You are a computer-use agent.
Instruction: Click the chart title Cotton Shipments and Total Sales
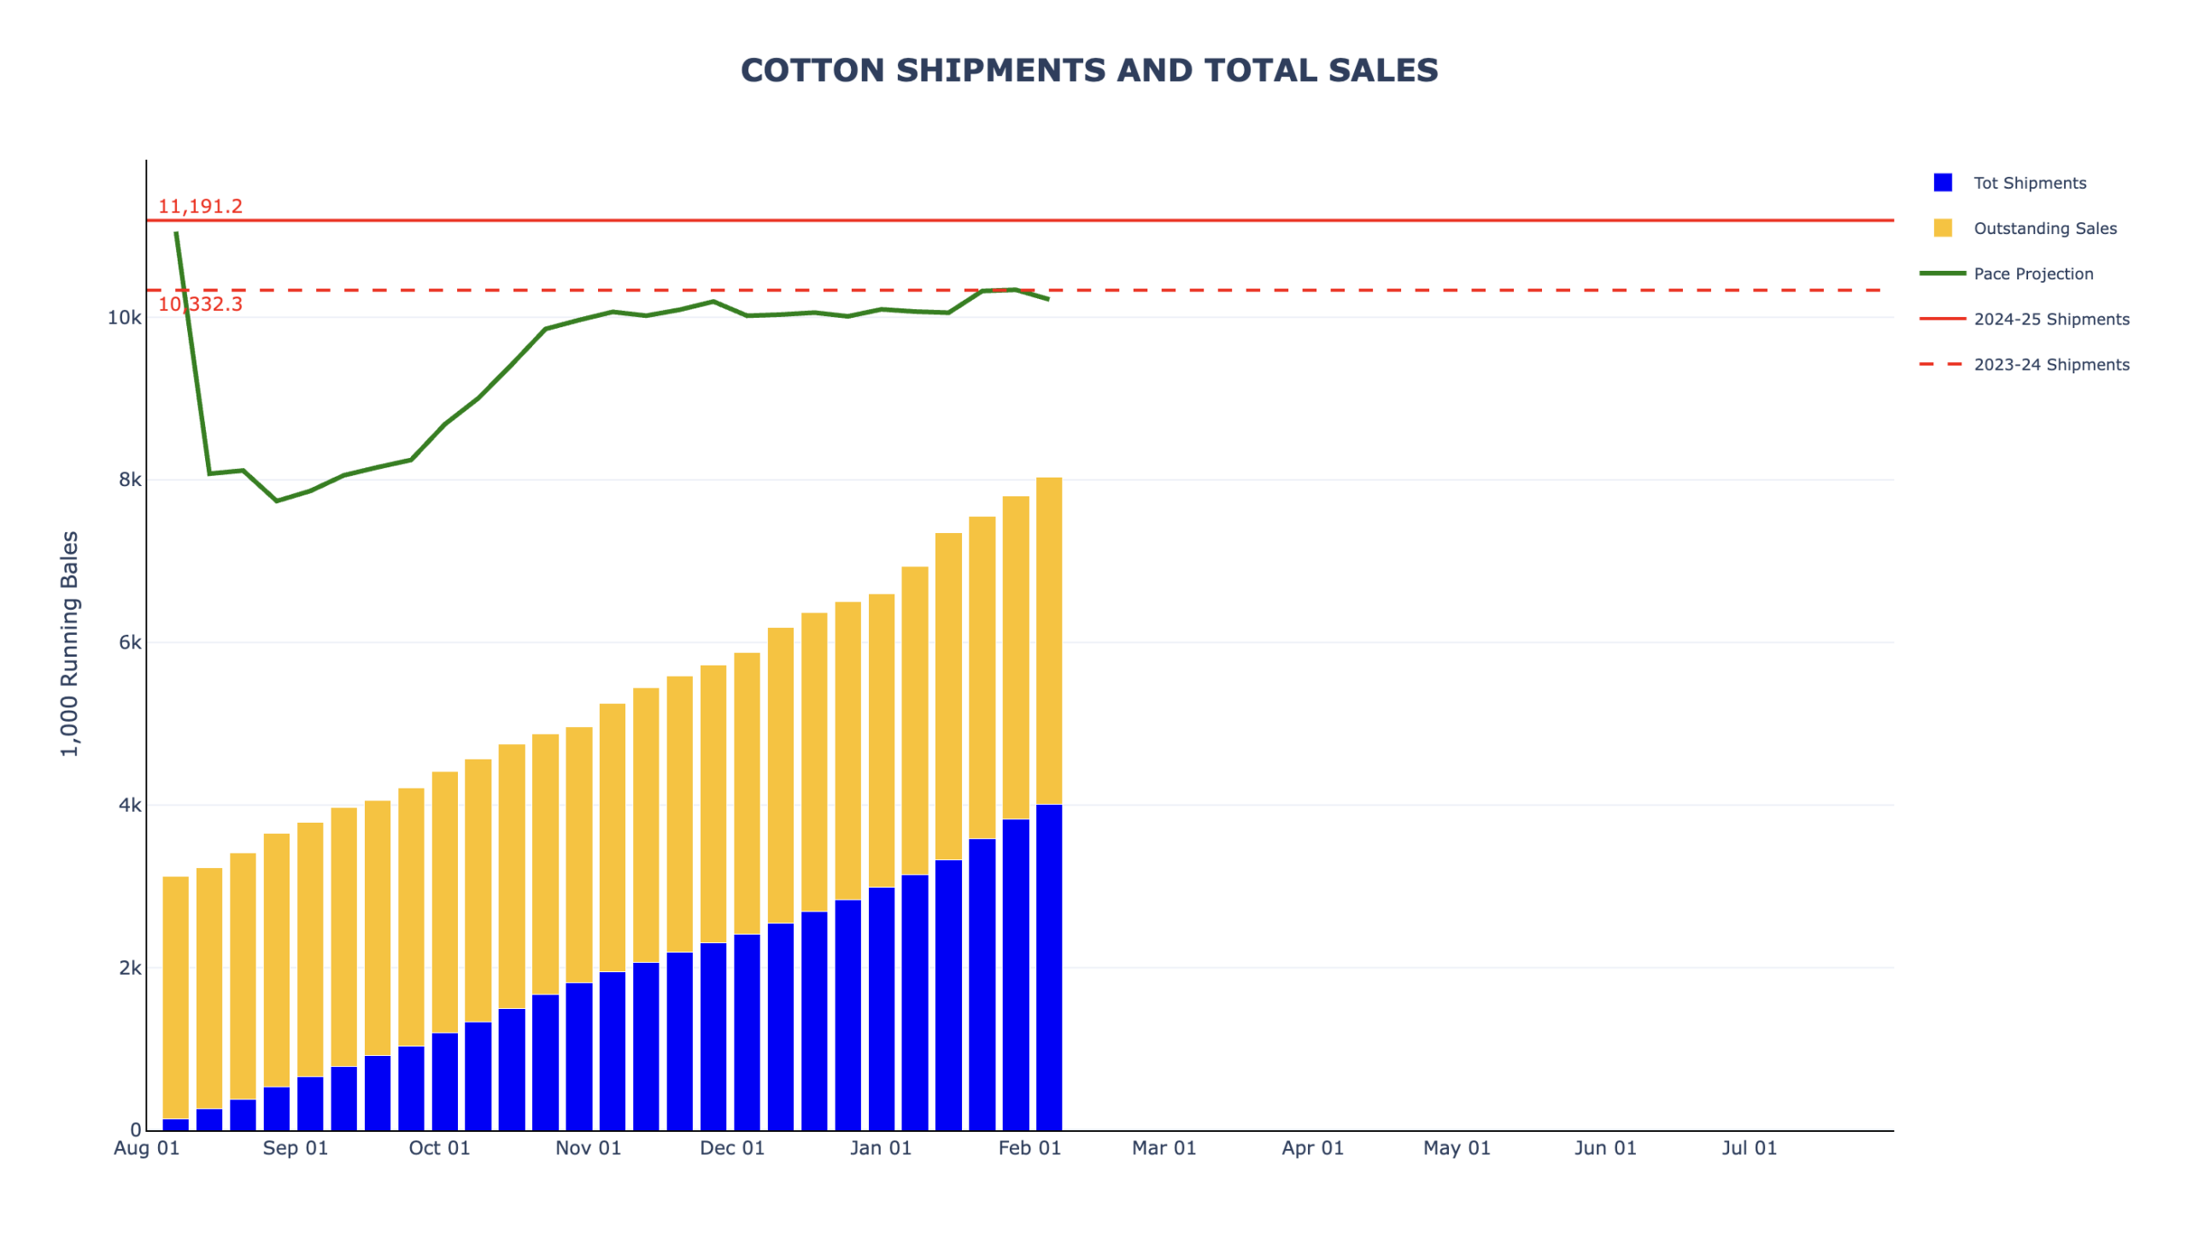tap(1088, 70)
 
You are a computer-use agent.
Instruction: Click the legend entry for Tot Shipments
tap(2028, 183)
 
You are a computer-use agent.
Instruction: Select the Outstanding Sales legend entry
tap(2043, 228)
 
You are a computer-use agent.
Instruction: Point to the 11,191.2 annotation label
tap(200, 206)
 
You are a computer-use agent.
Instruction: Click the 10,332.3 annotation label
tap(200, 304)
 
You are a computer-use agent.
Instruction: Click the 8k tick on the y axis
tap(130, 479)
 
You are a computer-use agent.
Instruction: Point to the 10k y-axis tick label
tap(125, 318)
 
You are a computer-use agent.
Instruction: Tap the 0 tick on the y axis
tap(135, 1129)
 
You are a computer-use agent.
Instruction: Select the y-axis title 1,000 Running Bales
tap(69, 643)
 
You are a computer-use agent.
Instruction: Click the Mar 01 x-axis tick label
tap(1163, 1147)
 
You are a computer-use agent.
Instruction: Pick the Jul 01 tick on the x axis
tap(1748, 1147)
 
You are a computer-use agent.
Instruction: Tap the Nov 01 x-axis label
tap(588, 1147)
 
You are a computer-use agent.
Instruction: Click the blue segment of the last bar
tap(1048, 965)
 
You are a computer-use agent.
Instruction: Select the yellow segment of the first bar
tap(175, 995)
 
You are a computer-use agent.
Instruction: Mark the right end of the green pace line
tap(1048, 299)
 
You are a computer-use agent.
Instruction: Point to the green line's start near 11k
tap(176, 232)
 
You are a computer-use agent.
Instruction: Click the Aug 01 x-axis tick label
tap(147, 1147)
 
